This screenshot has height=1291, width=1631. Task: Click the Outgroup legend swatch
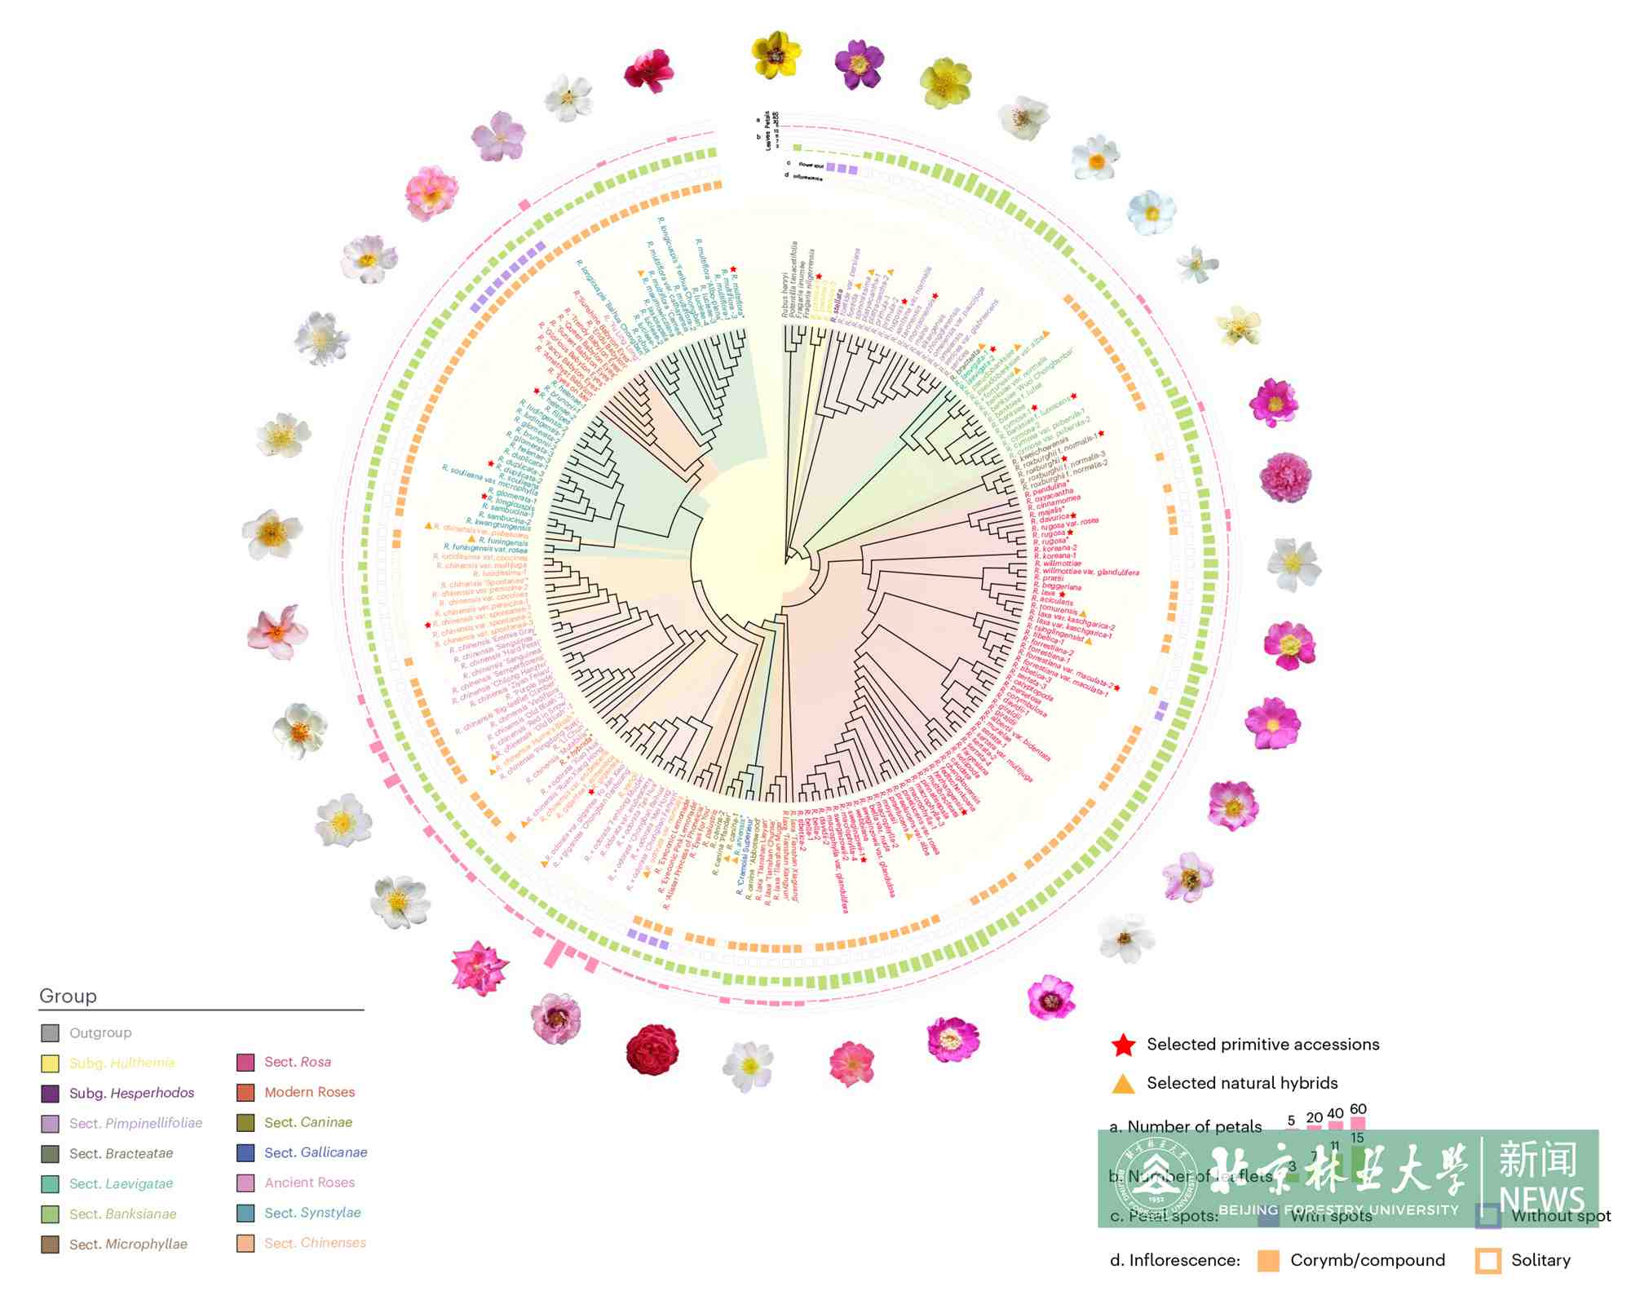pyautogui.click(x=50, y=1033)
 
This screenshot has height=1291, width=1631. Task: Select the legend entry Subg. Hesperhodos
pyautogui.click(x=131, y=1093)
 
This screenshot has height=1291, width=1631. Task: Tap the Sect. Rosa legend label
pyautogui.click(x=298, y=1062)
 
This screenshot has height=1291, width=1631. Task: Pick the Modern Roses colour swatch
pyautogui.click(x=245, y=1092)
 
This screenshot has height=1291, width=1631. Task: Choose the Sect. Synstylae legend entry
pyautogui.click(x=312, y=1213)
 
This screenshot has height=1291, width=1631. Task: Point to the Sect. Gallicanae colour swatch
pyautogui.click(x=245, y=1152)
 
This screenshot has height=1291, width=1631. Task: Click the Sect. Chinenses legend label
pyautogui.click(x=315, y=1243)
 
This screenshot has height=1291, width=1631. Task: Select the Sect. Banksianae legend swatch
pyautogui.click(x=50, y=1214)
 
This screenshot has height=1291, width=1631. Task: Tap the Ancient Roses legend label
pyautogui.click(x=309, y=1183)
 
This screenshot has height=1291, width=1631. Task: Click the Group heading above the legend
pyautogui.click(x=69, y=996)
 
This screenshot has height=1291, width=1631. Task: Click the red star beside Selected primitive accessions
pyautogui.click(x=1124, y=1045)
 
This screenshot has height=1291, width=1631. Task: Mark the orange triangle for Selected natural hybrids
pyautogui.click(x=1124, y=1084)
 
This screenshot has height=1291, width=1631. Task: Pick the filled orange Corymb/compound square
pyautogui.click(x=1268, y=1261)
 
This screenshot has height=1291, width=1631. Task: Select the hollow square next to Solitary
pyautogui.click(x=1487, y=1261)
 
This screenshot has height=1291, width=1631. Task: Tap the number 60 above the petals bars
pyautogui.click(x=1358, y=1109)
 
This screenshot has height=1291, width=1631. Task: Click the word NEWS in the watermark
pyautogui.click(x=1541, y=1198)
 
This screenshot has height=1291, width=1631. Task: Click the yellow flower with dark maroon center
pyautogui.click(x=776, y=54)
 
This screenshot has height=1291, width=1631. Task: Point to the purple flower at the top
pyautogui.click(x=859, y=64)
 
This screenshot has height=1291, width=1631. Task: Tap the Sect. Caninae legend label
pyautogui.click(x=308, y=1122)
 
